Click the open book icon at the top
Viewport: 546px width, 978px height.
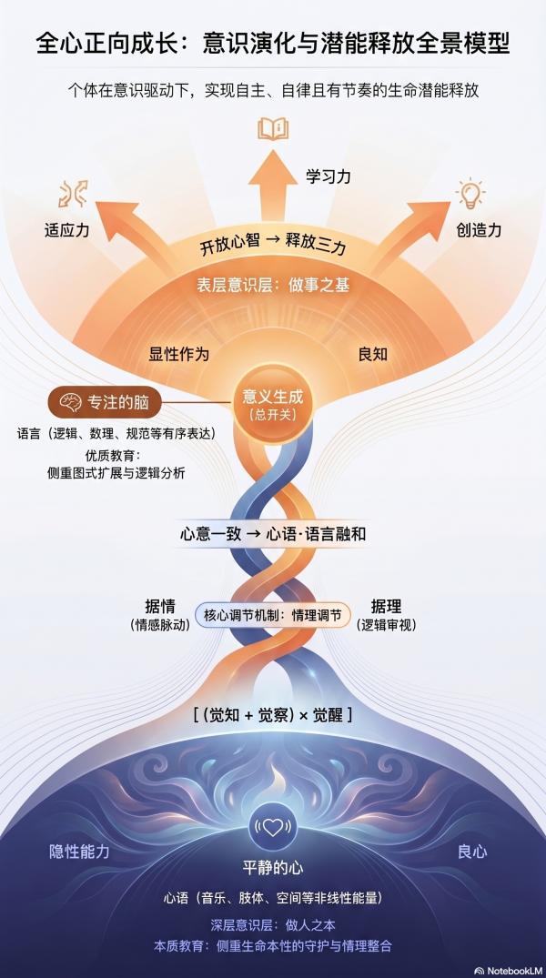click(x=272, y=128)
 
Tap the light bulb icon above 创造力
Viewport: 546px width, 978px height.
click(x=470, y=195)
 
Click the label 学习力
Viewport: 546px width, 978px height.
click(x=327, y=176)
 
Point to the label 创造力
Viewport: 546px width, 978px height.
click(x=479, y=230)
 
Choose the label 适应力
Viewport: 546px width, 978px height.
click(x=67, y=230)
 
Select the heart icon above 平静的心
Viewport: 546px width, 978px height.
click(x=272, y=828)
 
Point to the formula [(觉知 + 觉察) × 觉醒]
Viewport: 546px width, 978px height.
click(x=272, y=715)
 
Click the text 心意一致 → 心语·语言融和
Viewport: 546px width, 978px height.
click(x=272, y=534)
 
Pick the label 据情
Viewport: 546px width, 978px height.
click(x=160, y=606)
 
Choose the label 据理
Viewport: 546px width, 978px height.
click(x=386, y=606)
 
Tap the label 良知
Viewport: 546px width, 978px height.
click(x=373, y=354)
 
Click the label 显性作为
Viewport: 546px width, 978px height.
click(x=178, y=354)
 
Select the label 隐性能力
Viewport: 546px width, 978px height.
click(x=79, y=852)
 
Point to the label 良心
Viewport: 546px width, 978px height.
click(x=472, y=852)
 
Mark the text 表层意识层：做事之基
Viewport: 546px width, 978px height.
click(x=272, y=285)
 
